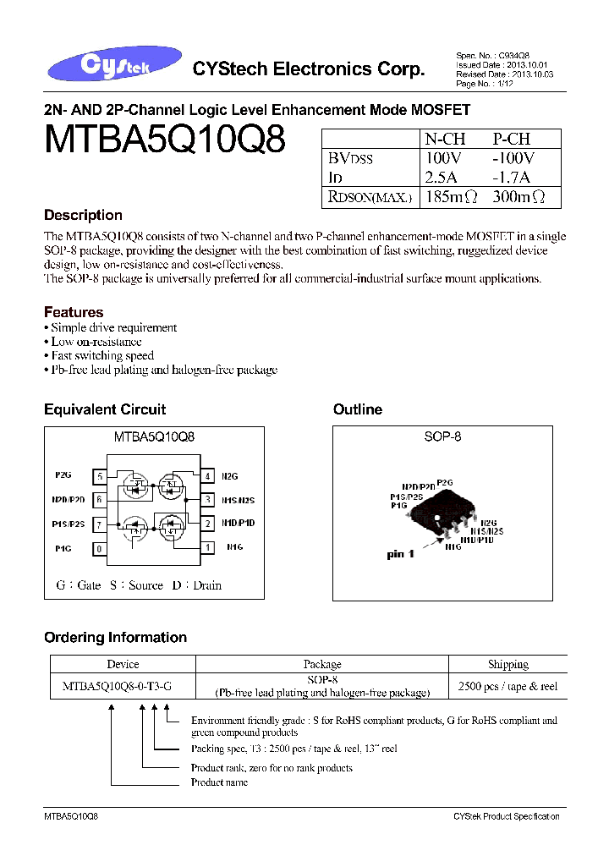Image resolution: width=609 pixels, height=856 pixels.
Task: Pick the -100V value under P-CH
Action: (x=513, y=158)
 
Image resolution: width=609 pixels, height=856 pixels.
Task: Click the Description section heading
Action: (x=83, y=215)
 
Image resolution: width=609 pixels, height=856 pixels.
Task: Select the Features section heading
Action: (x=74, y=312)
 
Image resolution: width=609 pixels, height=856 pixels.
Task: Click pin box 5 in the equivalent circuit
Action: (x=101, y=476)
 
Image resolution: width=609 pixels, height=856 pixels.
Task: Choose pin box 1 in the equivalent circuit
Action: (x=208, y=547)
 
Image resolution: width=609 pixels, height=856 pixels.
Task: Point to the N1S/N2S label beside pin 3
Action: (x=237, y=500)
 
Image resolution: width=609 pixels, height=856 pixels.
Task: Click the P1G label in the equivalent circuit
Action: (x=63, y=548)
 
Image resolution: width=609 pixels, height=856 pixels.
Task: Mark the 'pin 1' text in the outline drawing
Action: (x=401, y=555)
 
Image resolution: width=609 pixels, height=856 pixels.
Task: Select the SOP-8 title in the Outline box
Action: (x=442, y=437)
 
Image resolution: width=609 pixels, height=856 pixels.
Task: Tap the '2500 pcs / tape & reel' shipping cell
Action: (x=507, y=686)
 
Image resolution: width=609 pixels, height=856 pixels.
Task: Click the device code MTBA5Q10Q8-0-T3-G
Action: (x=117, y=686)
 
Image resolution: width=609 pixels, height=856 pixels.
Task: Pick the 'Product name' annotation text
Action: (x=219, y=782)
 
